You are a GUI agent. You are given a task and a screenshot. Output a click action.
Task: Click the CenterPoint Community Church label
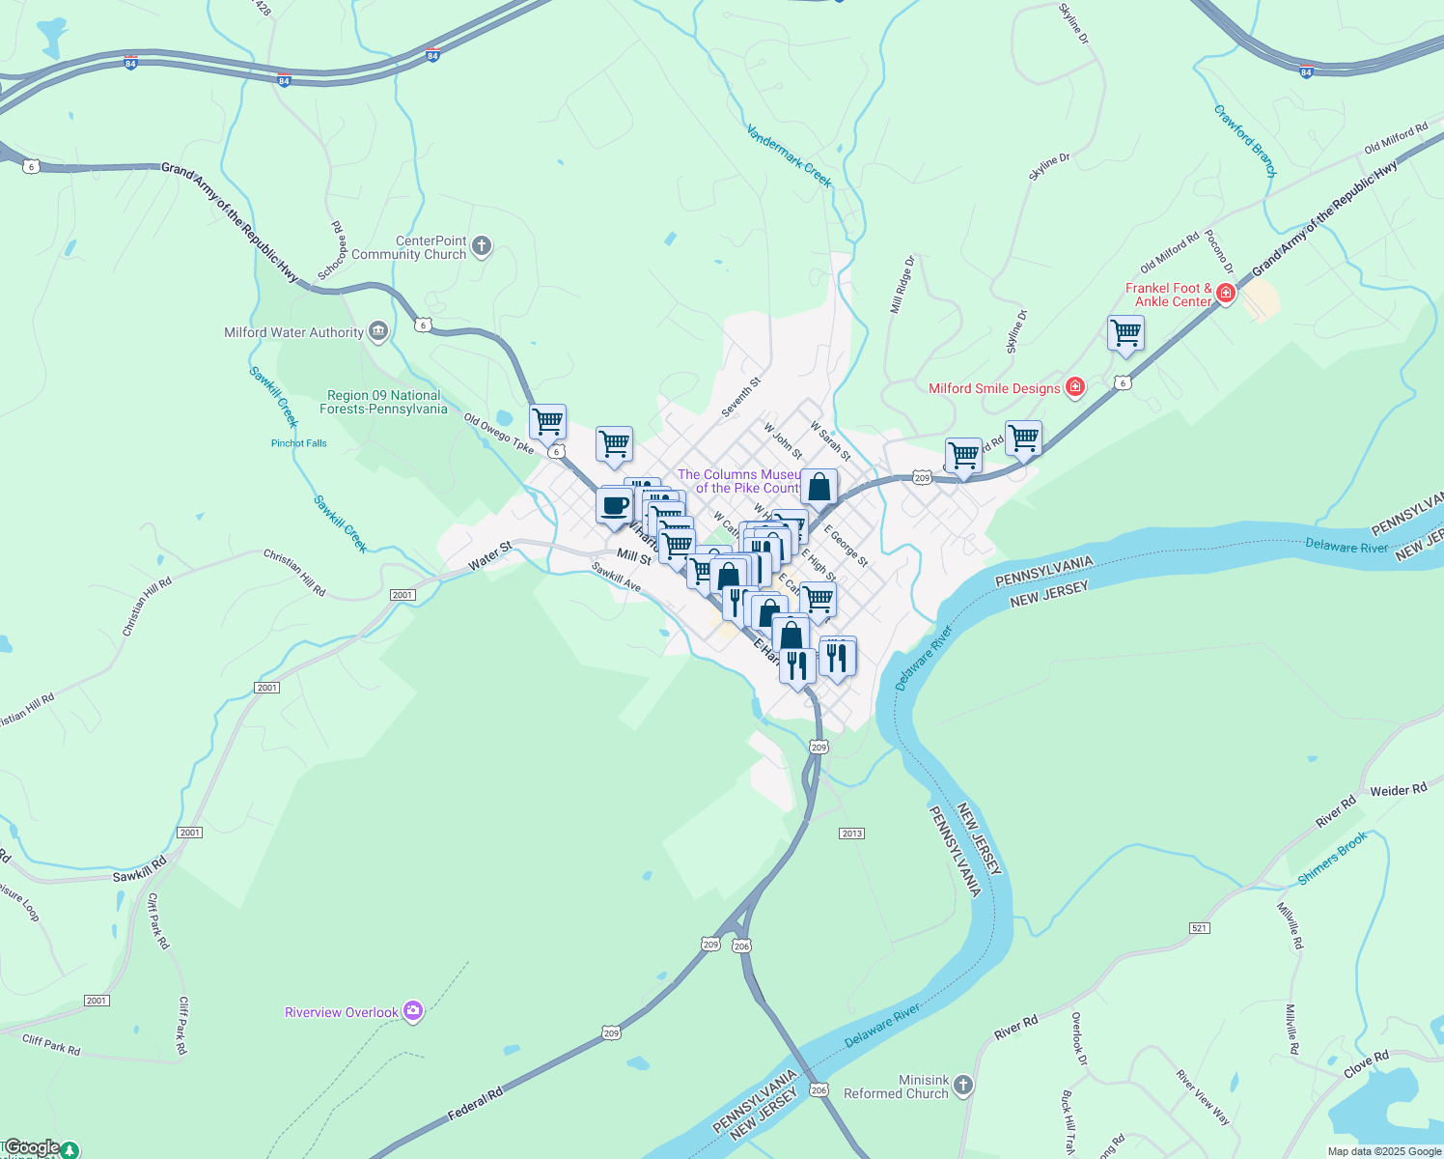[x=408, y=248]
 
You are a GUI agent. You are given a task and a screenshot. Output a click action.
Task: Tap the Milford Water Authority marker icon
[x=378, y=332]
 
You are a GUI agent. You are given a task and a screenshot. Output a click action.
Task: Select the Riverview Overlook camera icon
[x=413, y=1011]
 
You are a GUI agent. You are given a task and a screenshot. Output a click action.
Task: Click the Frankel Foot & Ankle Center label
[x=1168, y=295]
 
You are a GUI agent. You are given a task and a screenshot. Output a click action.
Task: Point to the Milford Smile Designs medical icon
[x=1074, y=388]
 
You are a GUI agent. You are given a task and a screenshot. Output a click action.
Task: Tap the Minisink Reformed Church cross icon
[x=962, y=1087]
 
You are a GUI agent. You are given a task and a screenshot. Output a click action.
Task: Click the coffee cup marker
[x=614, y=506]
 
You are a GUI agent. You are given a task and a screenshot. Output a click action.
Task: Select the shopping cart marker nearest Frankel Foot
[x=1125, y=334]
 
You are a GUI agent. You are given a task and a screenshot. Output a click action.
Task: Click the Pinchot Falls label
[x=299, y=443]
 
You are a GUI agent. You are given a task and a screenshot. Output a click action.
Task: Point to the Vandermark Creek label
[x=789, y=155]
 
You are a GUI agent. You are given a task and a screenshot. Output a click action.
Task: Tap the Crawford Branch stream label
[x=1245, y=141]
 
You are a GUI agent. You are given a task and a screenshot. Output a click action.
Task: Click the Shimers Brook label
[x=1332, y=859]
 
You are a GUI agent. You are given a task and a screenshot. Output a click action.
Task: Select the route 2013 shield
[x=851, y=834]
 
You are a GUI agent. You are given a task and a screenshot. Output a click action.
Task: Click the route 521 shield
[x=1200, y=928]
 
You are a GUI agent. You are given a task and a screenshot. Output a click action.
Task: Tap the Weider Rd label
[x=1398, y=790]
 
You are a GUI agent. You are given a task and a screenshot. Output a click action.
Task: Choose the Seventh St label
[x=741, y=397]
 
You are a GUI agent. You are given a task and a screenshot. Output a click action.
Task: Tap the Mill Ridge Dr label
[x=902, y=285]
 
